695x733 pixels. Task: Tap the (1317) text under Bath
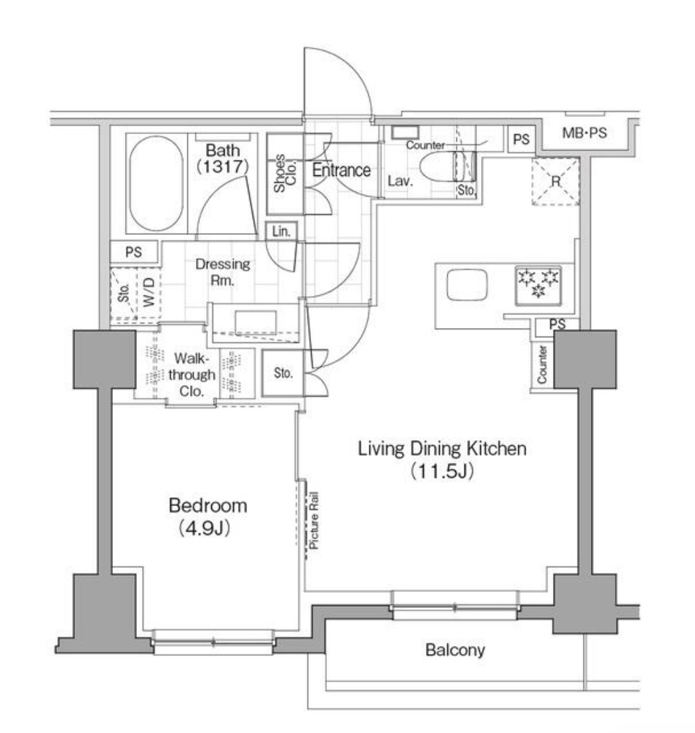click(x=222, y=167)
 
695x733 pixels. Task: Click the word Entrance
click(x=342, y=170)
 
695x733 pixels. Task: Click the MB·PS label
click(x=585, y=133)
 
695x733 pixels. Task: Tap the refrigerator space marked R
click(x=555, y=181)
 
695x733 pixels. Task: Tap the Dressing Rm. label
click(x=223, y=272)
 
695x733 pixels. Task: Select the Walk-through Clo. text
click(x=194, y=375)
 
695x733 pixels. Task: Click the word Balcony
click(x=455, y=650)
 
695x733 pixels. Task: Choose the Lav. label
click(x=401, y=181)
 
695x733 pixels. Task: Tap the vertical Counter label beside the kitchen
click(x=542, y=365)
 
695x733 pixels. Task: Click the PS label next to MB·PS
click(x=522, y=139)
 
